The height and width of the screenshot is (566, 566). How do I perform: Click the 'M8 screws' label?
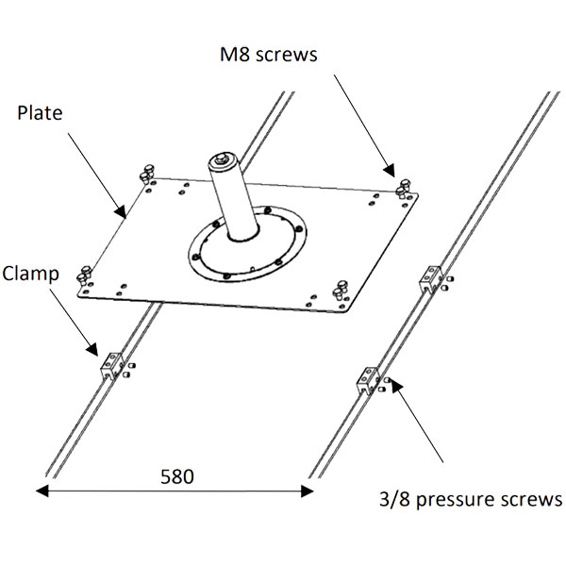(x=269, y=55)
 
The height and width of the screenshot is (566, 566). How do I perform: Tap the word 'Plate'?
(x=40, y=112)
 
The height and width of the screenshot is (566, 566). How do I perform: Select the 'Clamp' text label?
(x=31, y=274)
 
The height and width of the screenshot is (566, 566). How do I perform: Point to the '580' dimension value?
(x=177, y=476)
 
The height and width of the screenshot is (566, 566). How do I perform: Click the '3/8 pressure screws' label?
(x=471, y=500)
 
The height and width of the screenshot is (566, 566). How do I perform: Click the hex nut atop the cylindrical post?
(x=222, y=158)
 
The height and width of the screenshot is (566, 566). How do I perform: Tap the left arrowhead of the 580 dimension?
(x=42, y=491)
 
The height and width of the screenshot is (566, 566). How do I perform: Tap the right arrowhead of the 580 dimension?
(x=308, y=491)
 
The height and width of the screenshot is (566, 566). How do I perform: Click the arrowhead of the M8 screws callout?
(x=390, y=171)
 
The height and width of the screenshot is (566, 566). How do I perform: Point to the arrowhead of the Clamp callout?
(x=92, y=349)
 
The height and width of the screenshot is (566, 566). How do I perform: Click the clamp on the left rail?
(x=112, y=366)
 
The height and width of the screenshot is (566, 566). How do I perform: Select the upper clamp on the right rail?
(x=431, y=279)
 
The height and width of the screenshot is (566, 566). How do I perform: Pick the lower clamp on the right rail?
(x=368, y=380)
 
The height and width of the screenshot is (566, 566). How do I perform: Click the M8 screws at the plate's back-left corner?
(x=146, y=174)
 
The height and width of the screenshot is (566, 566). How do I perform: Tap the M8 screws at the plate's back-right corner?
(x=403, y=188)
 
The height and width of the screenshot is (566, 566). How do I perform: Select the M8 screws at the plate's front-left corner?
(x=84, y=275)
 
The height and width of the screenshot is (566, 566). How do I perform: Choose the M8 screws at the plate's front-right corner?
(x=340, y=290)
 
